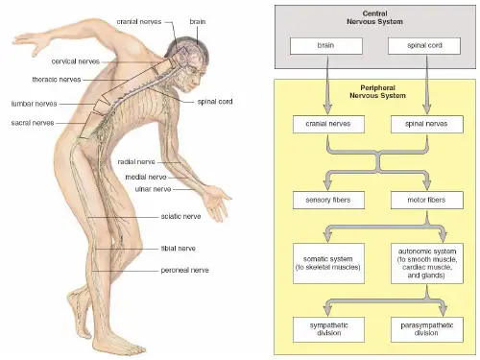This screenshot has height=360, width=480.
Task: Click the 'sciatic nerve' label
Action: coord(180,217)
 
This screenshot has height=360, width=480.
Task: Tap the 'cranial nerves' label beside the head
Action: coord(139,22)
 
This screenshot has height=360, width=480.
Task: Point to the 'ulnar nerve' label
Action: coord(153,189)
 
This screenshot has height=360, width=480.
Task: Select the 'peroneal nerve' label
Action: coord(184,271)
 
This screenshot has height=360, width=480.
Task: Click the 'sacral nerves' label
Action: coord(33,123)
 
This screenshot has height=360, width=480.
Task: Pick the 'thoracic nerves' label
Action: coord(57,80)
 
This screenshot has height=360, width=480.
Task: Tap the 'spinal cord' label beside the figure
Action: coord(215,102)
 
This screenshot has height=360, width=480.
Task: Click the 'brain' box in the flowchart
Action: coord(326,46)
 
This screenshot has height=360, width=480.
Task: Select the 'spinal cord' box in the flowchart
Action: coord(424,46)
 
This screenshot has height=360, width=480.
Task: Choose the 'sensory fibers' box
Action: coord(328,201)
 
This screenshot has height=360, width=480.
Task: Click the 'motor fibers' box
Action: coord(427,201)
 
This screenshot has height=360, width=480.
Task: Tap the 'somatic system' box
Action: coord(328,263)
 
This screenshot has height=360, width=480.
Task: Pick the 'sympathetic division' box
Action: coord(328,329)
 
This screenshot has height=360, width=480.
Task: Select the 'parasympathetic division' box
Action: coord(427,329)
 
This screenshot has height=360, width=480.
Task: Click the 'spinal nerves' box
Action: coord(427,125)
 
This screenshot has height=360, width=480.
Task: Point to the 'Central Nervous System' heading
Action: coord(374,17)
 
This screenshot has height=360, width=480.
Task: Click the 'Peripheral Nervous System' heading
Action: coord(377,92)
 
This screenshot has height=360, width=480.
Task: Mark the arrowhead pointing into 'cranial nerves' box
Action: coord(327,108)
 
